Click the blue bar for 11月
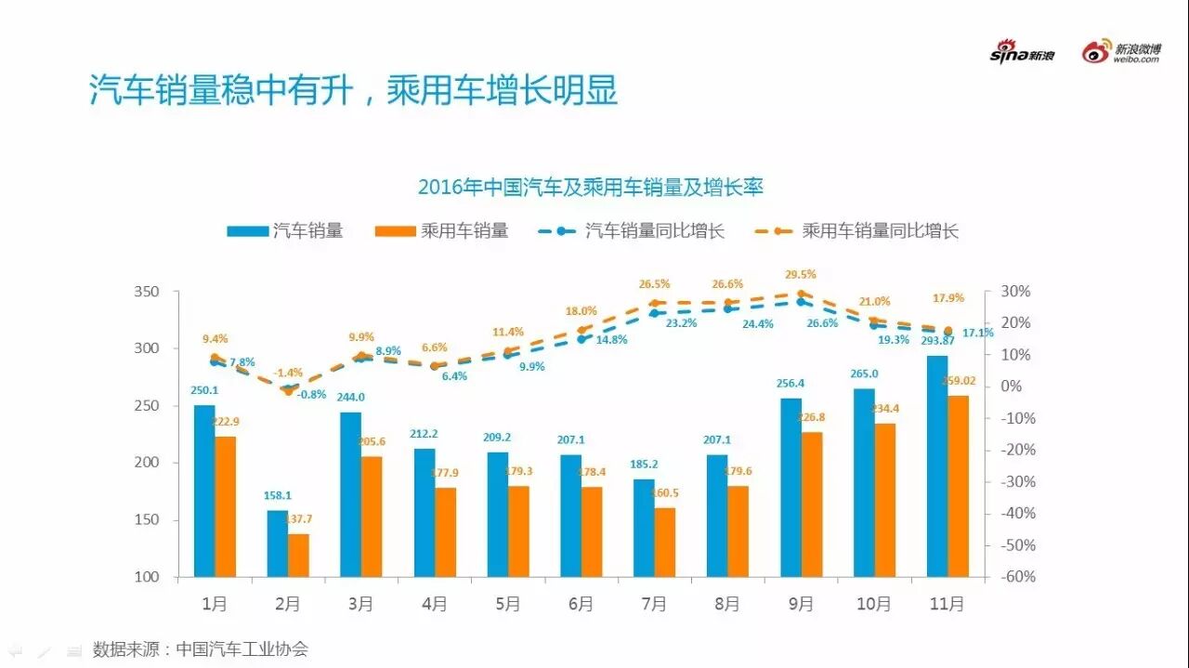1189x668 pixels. pyautogui.click(x=937, y=466)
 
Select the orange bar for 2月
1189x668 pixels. pyautogui.click(x=298, y=555)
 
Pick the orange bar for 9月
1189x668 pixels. pyautogui.click(x=812, y=504)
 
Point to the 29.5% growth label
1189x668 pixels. pyautogui.click(x=801, y=274)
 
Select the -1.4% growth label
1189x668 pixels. pyautogui.click(x=288, y=372)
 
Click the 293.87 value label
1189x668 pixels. pyautogui.click(x=938, y=341)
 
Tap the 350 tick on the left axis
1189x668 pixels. pyautogui.click(x=147, y=292)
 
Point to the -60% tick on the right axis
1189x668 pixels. pyautogui.click(x=1016, y=577)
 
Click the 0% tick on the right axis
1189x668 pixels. pyautogui.click(x=1011, y=386)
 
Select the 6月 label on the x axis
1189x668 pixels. pyautogui.click(x=581, y=604)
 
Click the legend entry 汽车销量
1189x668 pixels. pyautogui.click(x=286, y=231)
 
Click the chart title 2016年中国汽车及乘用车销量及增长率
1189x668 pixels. pyautogui.click(x=590, y=187)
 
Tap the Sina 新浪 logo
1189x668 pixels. pyautogui.click(x=1022, y=53)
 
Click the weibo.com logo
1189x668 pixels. pyautogui.click(x=1121, y=52)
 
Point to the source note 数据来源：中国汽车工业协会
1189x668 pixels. pyautogui.click(x=200, y=649)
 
